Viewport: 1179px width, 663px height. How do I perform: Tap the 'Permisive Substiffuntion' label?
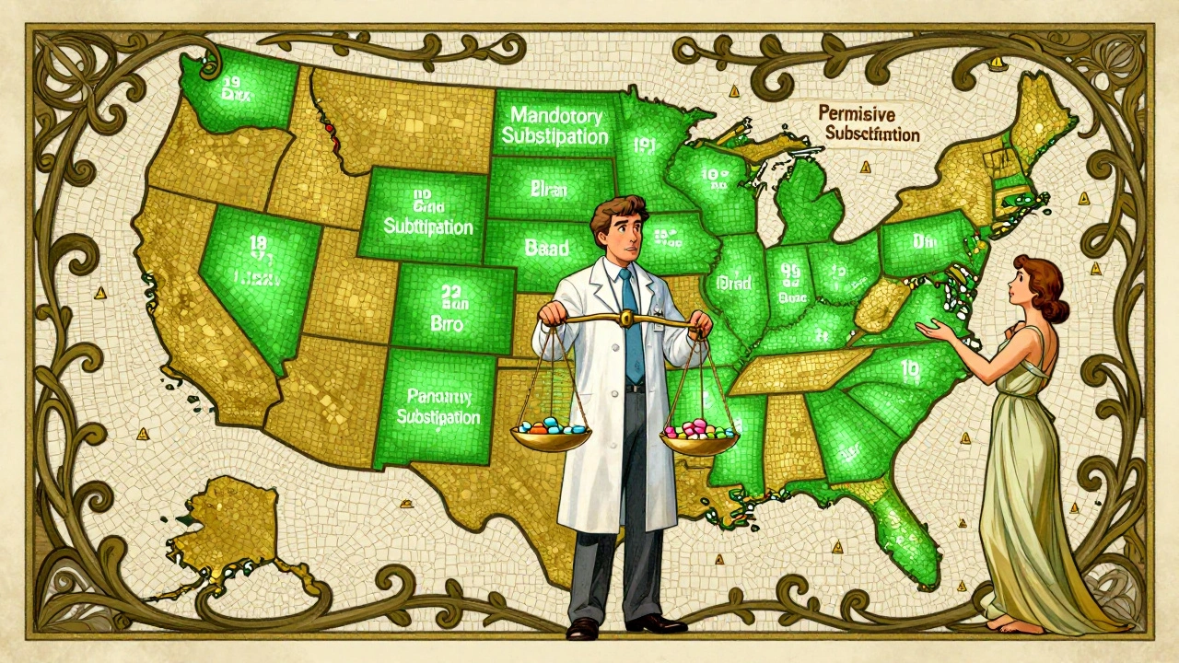point(868,123)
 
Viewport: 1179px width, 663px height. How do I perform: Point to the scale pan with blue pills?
point(552,433)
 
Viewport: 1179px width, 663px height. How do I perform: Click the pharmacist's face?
point(619,235)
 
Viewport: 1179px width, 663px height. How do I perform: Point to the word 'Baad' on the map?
point(546,248)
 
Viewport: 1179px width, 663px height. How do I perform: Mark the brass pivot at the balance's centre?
point(626,317)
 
